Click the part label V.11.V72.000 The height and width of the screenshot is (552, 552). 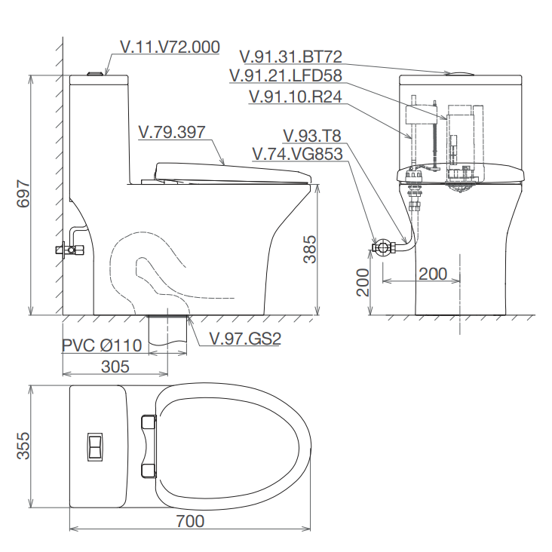170,47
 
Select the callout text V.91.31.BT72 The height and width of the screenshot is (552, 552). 291,57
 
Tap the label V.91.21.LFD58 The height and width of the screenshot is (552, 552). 286,75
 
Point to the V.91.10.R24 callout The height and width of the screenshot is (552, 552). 295,97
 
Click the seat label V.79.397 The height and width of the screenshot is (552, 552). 172,133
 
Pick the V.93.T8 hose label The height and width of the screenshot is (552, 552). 312,136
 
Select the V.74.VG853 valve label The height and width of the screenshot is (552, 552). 297,154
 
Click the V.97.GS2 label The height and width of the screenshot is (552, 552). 245,339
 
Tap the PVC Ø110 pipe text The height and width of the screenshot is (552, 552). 102,345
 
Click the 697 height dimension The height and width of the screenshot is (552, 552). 23,193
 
